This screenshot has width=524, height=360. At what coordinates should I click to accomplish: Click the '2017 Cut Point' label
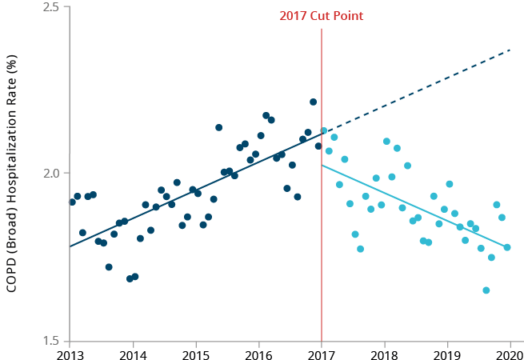[322, 16]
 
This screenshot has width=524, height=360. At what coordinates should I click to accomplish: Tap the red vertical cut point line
[322, 240]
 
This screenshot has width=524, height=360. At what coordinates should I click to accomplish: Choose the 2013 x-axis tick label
[70, 353]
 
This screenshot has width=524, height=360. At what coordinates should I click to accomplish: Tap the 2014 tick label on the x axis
[133, 353]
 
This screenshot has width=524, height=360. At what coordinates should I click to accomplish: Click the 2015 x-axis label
[196, 353]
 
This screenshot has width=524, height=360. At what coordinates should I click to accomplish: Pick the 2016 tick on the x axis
[258, 353]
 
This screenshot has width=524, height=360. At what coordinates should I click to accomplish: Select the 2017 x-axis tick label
[322, 353]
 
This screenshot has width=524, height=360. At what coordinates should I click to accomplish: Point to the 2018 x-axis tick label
[385, 353]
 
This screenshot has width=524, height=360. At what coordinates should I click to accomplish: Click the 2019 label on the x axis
[447, 353]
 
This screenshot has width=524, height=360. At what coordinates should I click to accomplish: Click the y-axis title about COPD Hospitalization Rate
[13, 174]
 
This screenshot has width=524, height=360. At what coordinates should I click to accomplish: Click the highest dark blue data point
[313, 102]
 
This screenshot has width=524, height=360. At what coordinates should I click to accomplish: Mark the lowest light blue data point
[486, 290]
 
